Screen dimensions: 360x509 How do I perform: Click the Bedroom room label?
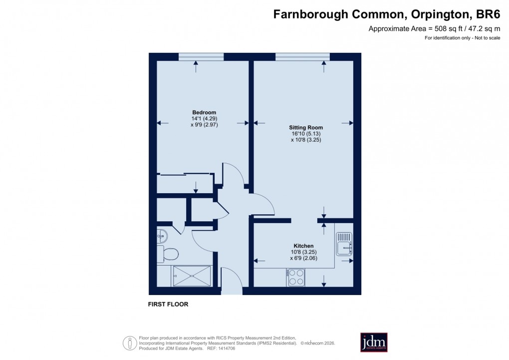click(x=204, y=112)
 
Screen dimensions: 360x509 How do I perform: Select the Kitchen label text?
click(x=303, y=246)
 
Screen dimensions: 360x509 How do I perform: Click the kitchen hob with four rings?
click(x=295, y=278)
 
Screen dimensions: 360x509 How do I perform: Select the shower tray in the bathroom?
click(x=192, y=276)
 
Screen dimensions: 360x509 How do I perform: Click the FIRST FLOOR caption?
click(x=168, y=304)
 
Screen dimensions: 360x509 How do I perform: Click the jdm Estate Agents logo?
click(x=374, y=343)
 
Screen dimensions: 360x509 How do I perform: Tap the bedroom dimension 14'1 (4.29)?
click(x=204, y=119)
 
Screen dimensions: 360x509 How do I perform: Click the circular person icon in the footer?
click(x=130, y=344)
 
